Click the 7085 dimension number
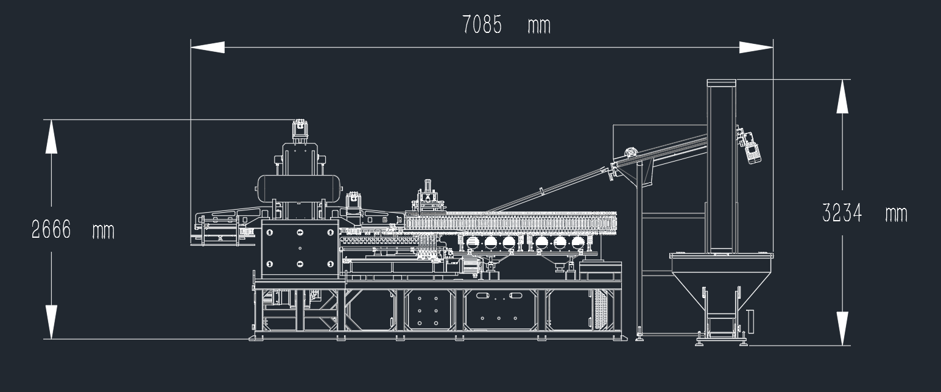tap(482, 24)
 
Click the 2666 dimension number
tap(51, 230)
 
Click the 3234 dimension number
tap(842, 213)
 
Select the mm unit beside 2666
tap(104, 232)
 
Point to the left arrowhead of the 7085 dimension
tap(208, 47)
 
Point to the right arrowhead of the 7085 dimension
tap(756, 47)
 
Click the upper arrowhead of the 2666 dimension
tap(51, 137)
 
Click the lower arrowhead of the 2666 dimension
tap(51, 322)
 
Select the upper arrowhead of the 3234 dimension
tap(842, 96)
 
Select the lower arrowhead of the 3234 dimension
tap(842, 329)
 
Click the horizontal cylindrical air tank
tap(299, 188)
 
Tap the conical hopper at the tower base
tap(721, 277)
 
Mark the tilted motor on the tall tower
tap(749, 144)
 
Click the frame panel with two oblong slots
tap(499, 310)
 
